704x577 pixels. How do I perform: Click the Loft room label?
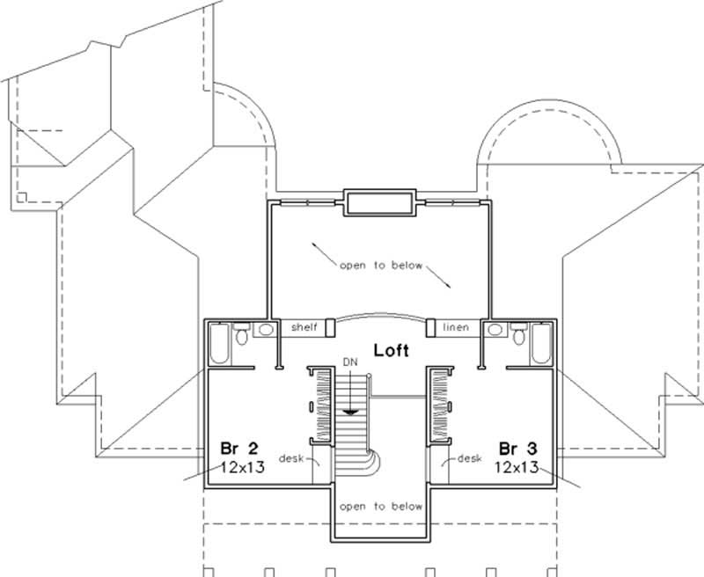pos(391,350)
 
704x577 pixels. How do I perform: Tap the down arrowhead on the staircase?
pos(351,409)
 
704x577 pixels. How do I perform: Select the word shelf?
pos(304,327)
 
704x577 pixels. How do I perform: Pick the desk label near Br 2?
pos(290,458)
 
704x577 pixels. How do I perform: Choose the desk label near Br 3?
pos(469,458)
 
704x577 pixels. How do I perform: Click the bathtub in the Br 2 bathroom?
pos(218,346)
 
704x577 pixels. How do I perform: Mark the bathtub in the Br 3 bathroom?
pos(541,346)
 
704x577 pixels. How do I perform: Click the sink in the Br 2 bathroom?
pos(262,330)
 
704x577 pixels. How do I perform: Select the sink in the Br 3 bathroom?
pos(495,330)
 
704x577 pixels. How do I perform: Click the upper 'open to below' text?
pos(381,265)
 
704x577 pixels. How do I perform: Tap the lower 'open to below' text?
pos(378,507)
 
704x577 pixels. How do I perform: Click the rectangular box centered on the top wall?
pos(378,201)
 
